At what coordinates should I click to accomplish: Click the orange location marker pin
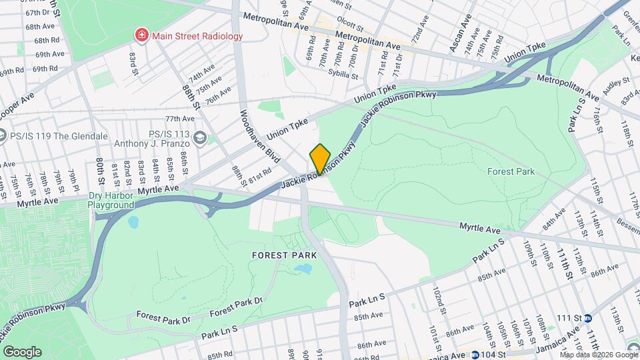320,159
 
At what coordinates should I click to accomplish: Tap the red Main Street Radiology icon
141,35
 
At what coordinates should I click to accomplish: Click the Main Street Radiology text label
197,35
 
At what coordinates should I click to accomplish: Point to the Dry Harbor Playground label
111,201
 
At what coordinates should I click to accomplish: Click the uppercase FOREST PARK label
283,255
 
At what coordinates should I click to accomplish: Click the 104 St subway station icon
475,355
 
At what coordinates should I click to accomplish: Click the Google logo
21,351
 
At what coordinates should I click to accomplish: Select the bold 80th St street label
99,171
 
